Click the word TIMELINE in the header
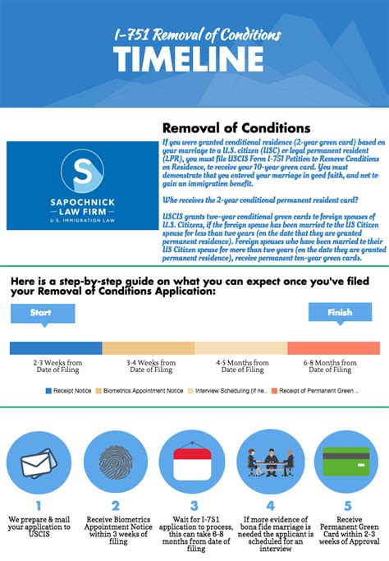pyautogui.click(x=188, y=59)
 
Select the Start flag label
pyautogui.click(x=40, y=313)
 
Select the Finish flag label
pyautogui.click(x=340, y=312)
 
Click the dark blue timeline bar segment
pyautogui.click(x=56, y=348)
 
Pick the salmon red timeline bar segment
pyautogui.click(x=334, y=348)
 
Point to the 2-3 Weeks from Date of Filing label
pyautogui.click(x=57, y=366)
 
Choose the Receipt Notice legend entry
pyautogui.click(x=69, y=390)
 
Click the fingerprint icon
pyautogui.click(x=115, y=462)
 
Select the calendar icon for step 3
pyautogui.click(x=192, y=462)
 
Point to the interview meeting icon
pyautogui.click(x=270, y=462)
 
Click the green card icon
pyautogui.click(x=346, y=462)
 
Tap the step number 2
pyautogui.click(x=115, y=506)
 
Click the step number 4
pyautogui.click(x=270, y=506)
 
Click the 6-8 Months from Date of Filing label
pyautogui.click(x=333, y=366)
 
